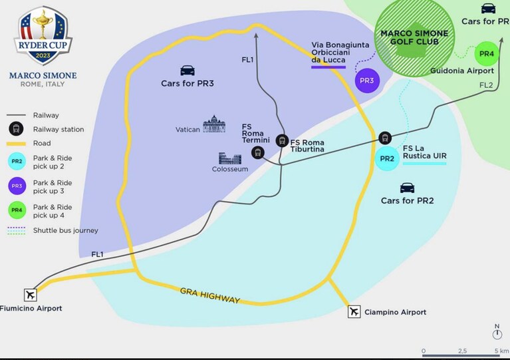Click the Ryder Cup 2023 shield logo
point(43,36)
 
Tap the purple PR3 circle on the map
point(367,81)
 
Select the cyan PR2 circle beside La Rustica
point(387,158)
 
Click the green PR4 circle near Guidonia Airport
point(487,54)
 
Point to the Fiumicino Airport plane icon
point(31,295)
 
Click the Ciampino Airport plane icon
point(354,311)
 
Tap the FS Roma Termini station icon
point(258,152)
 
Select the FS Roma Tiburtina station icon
point(282,140)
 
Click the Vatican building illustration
point(214,124)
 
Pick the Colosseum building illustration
point(230,158)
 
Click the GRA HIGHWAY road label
point(210,295)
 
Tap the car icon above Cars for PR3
point(188,71)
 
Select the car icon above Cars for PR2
point(407,188)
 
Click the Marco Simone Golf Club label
point(414,37)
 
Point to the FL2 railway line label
point(486,85)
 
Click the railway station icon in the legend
point(16,129)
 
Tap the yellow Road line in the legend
point(16,144)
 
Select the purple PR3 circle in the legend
point(17,186)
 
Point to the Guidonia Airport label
point(462,71)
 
